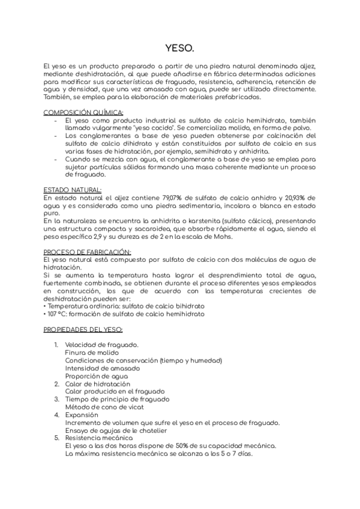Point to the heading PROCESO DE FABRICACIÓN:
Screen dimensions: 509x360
(x=87, y=251)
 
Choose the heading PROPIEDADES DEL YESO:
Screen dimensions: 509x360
(x=83, y=330)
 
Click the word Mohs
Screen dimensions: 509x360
(x=223, y=236)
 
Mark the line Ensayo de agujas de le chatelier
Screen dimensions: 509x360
(x=115, y=430)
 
